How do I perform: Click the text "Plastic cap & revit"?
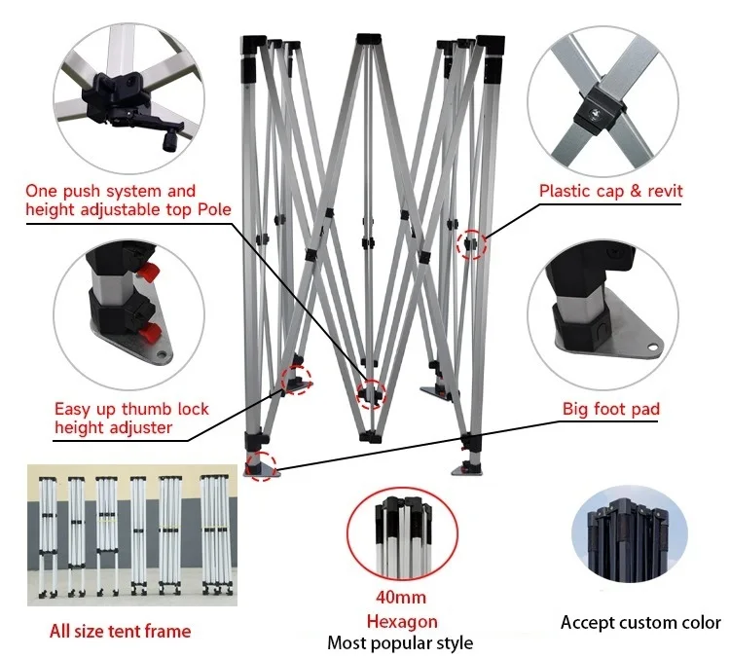pos(611,190)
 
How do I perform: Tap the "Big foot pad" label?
pos(611,409)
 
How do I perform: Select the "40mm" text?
pos(400,597)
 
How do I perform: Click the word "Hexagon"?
pos(401,621)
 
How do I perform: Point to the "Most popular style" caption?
pos(400,642)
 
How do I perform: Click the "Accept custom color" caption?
pos(640,622)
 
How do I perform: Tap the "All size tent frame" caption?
pos(120,632)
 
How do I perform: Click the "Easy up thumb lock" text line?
pos(131,409)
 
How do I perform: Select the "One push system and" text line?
pos(110,191)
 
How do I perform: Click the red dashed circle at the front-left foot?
pos(261,464)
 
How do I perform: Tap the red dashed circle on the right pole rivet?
pos(472,245)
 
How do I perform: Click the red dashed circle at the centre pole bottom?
pos(371,393)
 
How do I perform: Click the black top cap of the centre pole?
pos(369,40)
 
